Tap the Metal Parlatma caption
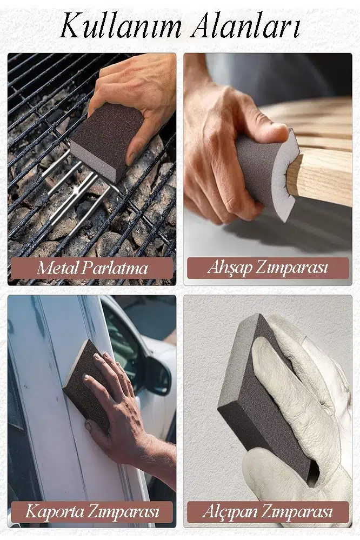click(92, 268)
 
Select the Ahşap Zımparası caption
click(268, 268)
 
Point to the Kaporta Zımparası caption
click(92, 511)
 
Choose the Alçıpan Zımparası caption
click(268, 511)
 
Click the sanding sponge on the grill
click(107, 141)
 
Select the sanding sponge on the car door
click(86, 386)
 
